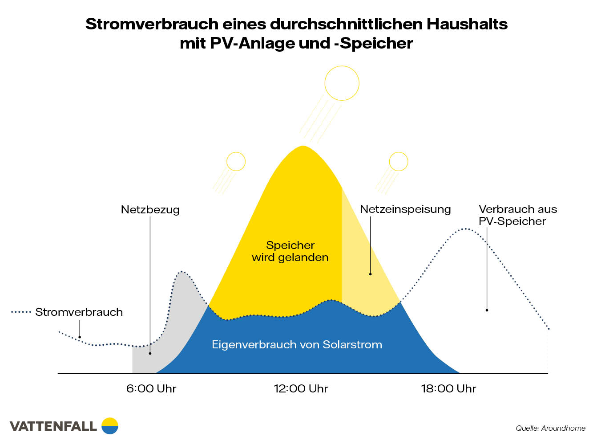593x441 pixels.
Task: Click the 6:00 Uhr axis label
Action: click(151, 388)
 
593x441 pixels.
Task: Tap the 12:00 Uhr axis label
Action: click(301, 388)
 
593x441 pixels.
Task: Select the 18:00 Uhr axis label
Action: click(448, 388)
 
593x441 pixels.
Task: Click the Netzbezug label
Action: click(150, 209)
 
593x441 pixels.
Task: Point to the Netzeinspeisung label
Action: click(405, 209)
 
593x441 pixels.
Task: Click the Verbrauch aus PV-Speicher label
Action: click(517, 215)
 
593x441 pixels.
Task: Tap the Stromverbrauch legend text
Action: click(79, 312)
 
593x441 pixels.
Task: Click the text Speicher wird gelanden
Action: click(290, 251)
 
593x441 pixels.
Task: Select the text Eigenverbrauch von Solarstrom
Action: click(297, 344)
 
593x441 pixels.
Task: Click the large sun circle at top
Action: click(342, 83)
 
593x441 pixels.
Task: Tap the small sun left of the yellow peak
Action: click(236, 162)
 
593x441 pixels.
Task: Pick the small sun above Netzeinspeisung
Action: click(399, 162)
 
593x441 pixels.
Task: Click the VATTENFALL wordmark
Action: click(53, 426)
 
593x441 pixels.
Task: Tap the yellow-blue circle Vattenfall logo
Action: click(110, 426)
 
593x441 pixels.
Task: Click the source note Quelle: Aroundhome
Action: click(550, 428)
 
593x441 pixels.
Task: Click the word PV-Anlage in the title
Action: click(253, 43)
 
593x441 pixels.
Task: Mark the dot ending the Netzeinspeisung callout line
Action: click(370, 274)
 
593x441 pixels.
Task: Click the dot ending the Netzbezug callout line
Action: click(150, 353)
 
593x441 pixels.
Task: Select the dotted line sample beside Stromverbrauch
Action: click(21, 312)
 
